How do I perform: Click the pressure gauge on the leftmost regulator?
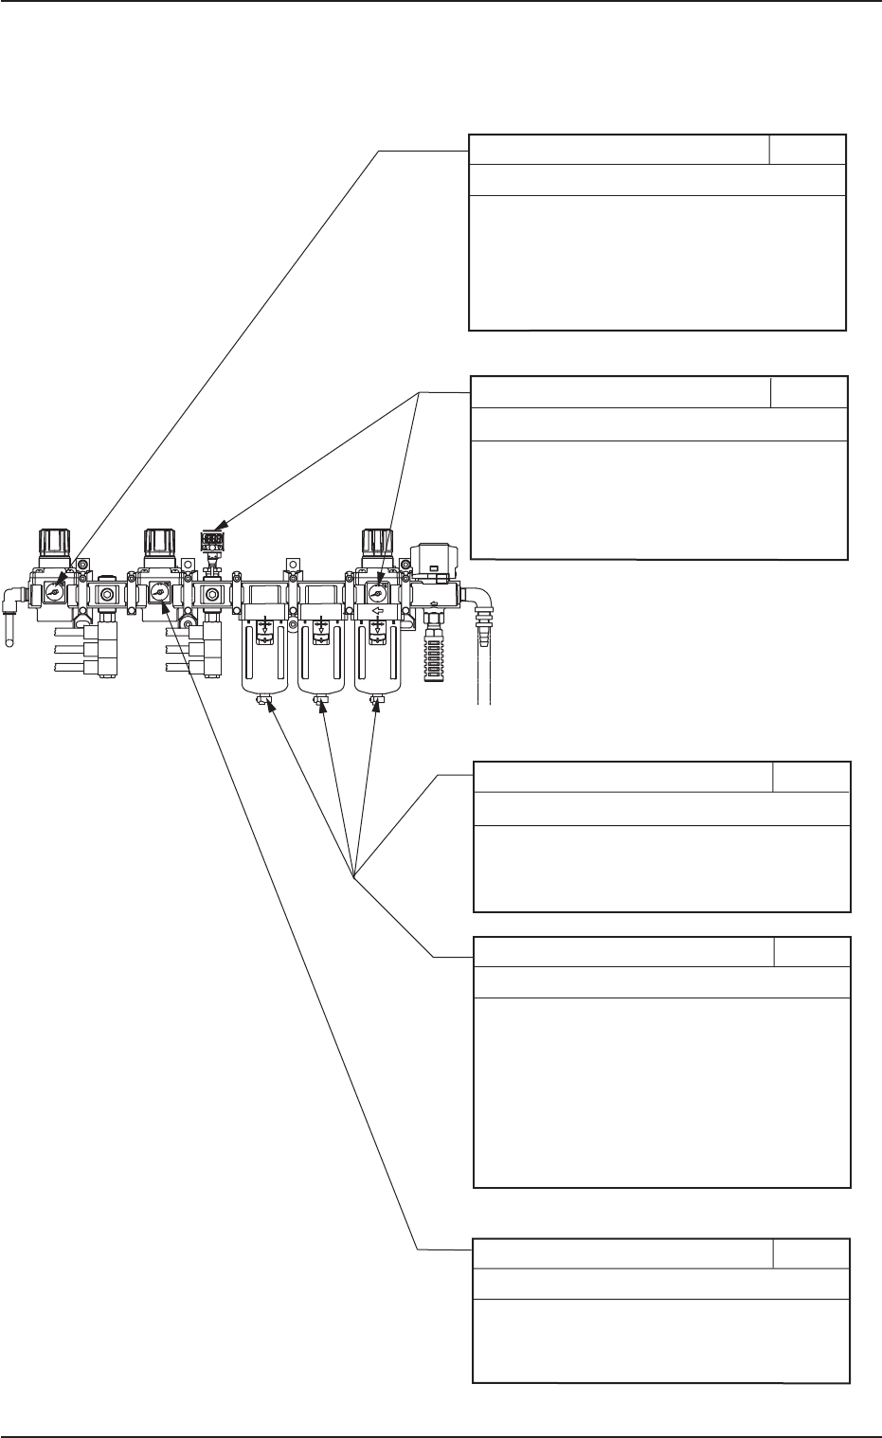pyautogui.click(x=56, y=594)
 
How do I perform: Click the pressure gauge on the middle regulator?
pyautogui.click(x=157, y=594)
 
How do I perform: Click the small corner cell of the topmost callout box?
pyautogui.click(x=806, y=150)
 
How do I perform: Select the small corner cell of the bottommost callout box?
pyautogui.click(x=811, y=1253)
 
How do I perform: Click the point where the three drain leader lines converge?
pyautogui.click(x=353, y=877)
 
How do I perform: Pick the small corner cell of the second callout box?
pyautogui.click(x=808, y=392)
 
